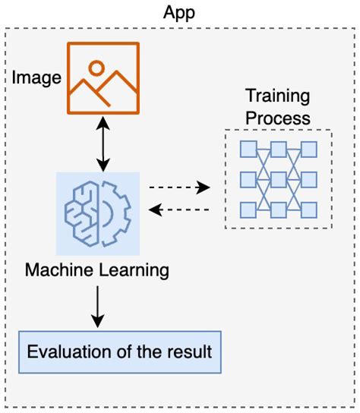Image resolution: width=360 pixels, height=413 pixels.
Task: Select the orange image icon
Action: (x=103, y=77)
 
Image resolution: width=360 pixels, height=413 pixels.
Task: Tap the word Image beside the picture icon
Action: (x=36, y=77)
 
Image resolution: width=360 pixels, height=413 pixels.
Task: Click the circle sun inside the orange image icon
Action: (x=96, y=67)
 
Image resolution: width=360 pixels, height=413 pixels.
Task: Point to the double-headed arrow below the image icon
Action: (x=103, y=142)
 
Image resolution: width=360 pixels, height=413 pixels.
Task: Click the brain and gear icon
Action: (x=98, y=213)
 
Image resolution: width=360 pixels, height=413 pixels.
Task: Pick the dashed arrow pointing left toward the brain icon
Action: (x=178, y=208)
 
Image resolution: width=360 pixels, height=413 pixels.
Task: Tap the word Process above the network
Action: (x=277, y=118)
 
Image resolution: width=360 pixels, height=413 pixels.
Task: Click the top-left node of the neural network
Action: (x=247, y=149)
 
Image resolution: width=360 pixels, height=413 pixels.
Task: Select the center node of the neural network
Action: (x=278, y=179)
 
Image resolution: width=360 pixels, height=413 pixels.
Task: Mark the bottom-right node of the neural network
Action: (x=309, y=210)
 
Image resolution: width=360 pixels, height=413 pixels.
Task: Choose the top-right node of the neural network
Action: (x=309, y=149)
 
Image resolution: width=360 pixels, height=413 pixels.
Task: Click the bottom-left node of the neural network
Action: (x=247, y=210)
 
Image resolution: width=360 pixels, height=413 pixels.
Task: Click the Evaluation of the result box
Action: (x=120, y=352)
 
